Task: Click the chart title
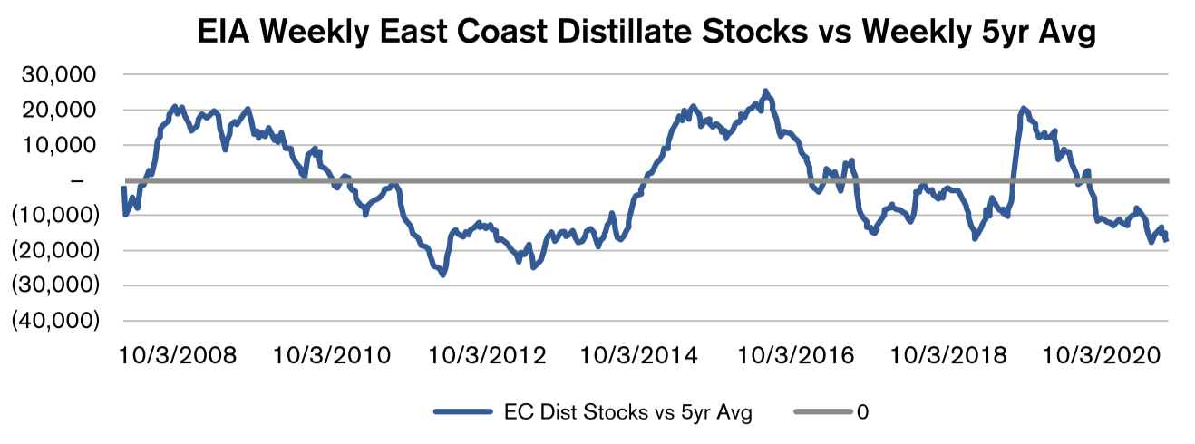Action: [x=648, y=34]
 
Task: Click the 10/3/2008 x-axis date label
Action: [x=177, y=354]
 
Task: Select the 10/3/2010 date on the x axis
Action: [x=332, y=354]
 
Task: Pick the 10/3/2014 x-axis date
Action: [x=640, y=354]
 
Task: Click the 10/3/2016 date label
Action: [x=794, y=354]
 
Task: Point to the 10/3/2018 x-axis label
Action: [x=948, y=354]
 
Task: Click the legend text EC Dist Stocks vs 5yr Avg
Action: [x=627, y=412]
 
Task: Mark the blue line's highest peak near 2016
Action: [x=765, y=92]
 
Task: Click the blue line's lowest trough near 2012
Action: [x=442, y=274]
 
